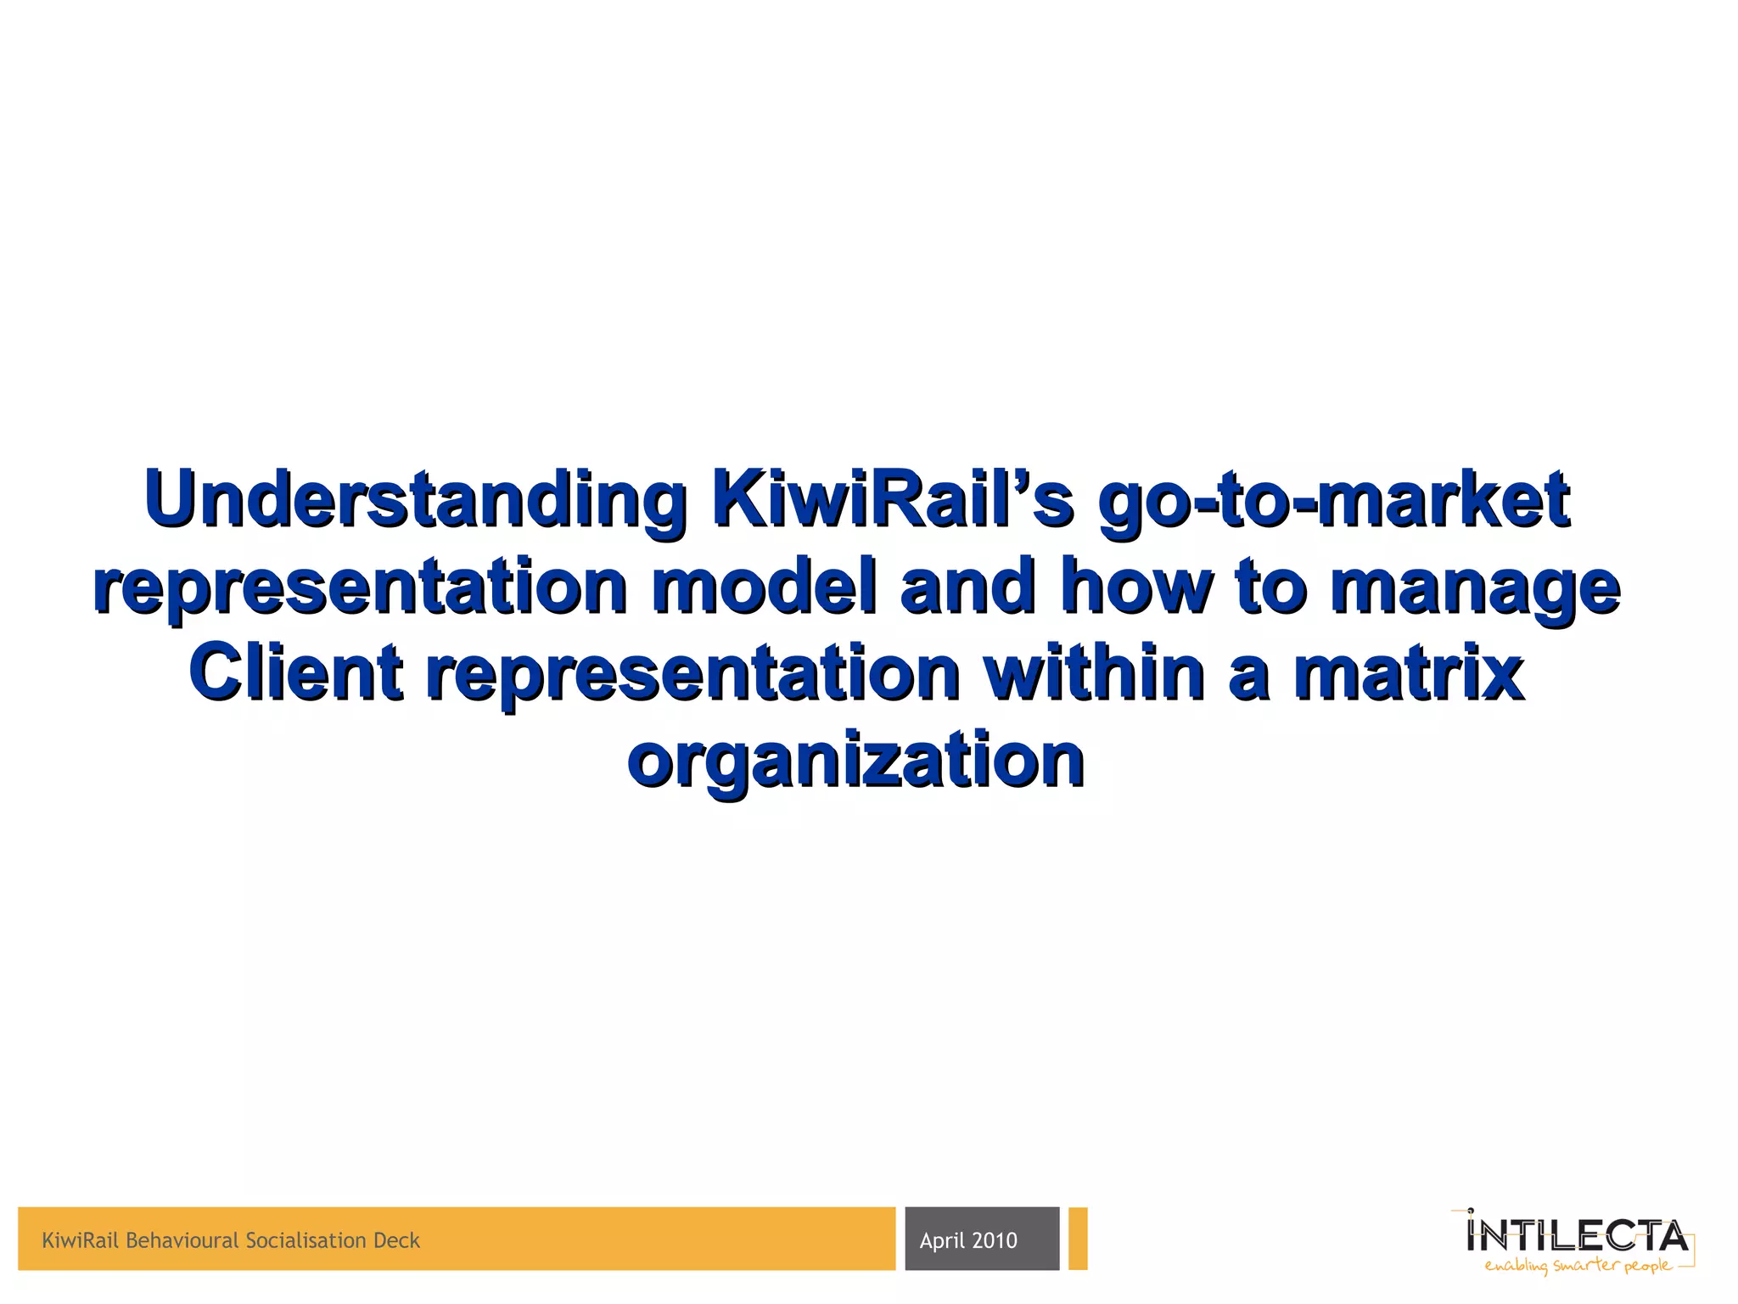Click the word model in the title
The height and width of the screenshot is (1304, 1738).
click(764, 587)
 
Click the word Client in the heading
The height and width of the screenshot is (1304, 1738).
click(295, 673)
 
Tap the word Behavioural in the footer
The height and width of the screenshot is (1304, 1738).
click(182, 1241)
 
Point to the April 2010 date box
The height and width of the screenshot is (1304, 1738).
click(982, 1239)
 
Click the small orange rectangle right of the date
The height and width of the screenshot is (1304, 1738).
click(1078, 1239)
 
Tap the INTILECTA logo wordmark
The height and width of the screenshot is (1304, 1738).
click(1577, 1236)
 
